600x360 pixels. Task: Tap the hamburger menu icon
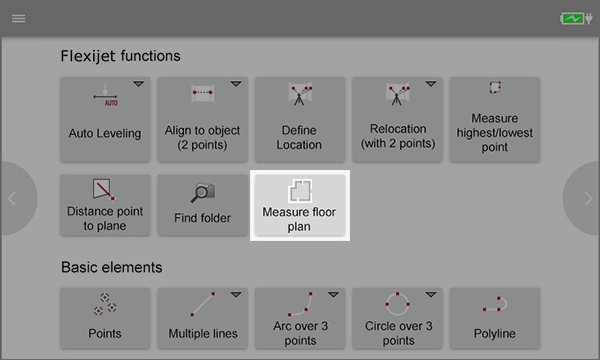pyautogui.click(x=18, y=18)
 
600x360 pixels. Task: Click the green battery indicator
pyautogui.click(x=572, y=18)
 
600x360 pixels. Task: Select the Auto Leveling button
pyautogui.click(x=105, y=120)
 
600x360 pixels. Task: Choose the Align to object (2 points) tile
pyautogui.click(x=202, y=120)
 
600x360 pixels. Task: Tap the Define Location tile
pyautogui.click(x=300, y=120)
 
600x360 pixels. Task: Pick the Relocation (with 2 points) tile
pyautogui.click(x=397, y=120)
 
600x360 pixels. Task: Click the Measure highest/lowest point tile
pyautogui.click(x=495, y=120)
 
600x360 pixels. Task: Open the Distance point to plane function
pyautogui.click(x=105, y=205)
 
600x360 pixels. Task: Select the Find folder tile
pyautogui.click(x=202, y=205)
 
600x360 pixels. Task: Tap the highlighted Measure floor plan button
pyautogui.click(x=300, y=205)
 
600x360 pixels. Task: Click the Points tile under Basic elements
pyautogui.click(x=105, y=318)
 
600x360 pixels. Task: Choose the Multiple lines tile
pyautogui.click(x=202, y=318)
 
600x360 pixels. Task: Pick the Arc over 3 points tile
pyautogui.click(x=300, y=318)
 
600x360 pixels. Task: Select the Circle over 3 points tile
pyautogui.click(x=397, y=318)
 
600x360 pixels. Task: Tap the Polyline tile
pyautogui.click(x=495, y=318)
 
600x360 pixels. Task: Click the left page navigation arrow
pyautogui.click(x=12, y=199)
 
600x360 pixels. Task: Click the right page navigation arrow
pyautogui.click(x=588, y=199)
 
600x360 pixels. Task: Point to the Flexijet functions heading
pyautogui.click(x=120, y=56)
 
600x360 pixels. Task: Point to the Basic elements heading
pyautogui.click(x=111, y=267)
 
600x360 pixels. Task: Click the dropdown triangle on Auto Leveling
pyautogui.click(x=139, y=83)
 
